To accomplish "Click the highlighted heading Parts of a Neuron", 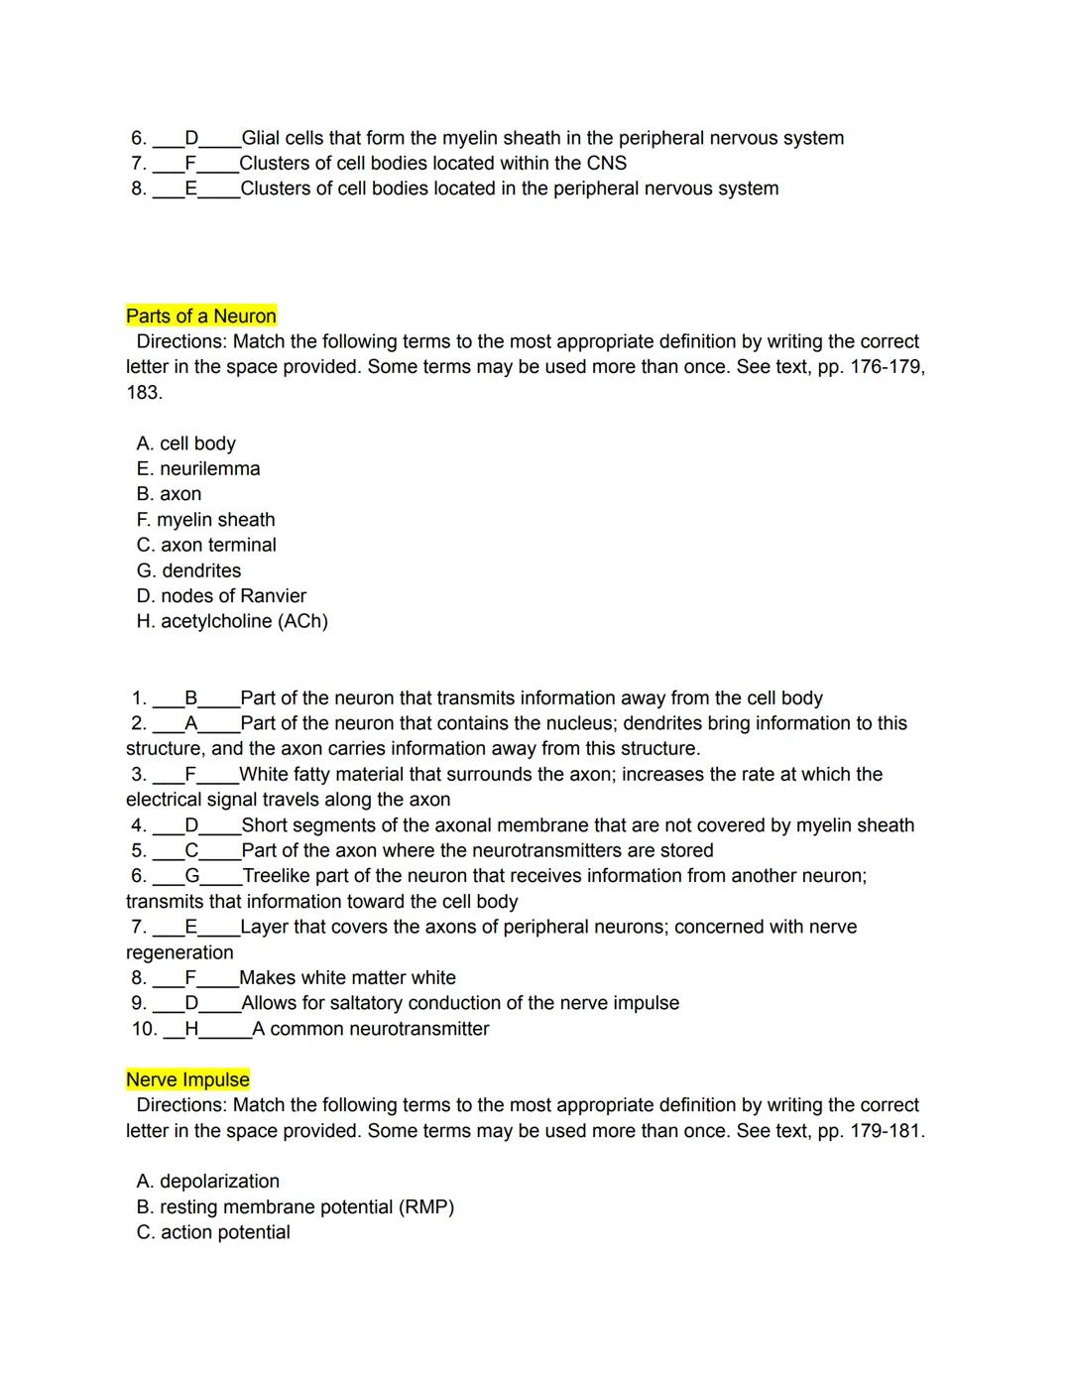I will (201, 316).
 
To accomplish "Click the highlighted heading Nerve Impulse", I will (187, 1080).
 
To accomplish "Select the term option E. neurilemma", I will (198, 469).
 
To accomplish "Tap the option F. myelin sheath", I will (205, 520).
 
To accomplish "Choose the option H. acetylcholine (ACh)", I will (232, 621).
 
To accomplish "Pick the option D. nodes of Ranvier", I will (221, 596).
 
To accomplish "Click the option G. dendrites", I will (188, 570).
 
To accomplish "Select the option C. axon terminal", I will (206, 545).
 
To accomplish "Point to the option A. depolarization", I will (208, 1182).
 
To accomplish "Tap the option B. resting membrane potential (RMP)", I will (295, 1207).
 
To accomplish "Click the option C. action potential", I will (213, 1232).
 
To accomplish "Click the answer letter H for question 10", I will (191, 1029).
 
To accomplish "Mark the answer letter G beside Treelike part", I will (192, 876).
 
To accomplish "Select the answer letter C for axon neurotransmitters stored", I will (191, 850).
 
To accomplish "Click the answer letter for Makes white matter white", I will (190, 978).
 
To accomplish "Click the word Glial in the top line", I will (261, 138).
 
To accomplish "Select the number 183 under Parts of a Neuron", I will (143, 393).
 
